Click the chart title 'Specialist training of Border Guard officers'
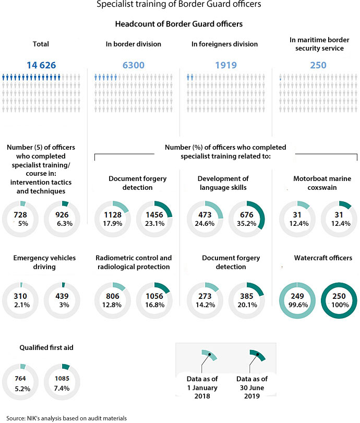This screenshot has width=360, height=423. point(179,5)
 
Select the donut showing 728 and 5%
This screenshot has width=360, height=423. point(21,220)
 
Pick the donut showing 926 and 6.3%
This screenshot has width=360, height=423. point(63,220)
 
